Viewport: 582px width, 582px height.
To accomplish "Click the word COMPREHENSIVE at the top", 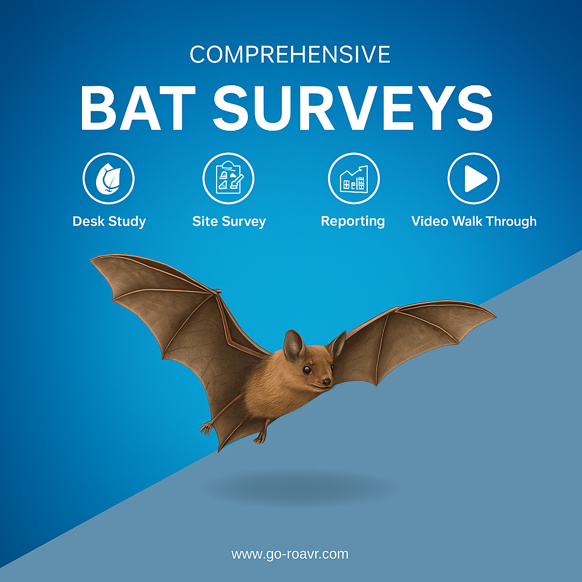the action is pos(290,55).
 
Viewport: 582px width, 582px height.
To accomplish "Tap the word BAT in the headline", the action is pos(138,108).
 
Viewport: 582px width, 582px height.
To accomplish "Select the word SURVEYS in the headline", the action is pos(353,108).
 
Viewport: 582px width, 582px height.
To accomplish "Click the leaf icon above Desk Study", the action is pos(109,178).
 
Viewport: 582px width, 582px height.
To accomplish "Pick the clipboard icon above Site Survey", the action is pos(228,178).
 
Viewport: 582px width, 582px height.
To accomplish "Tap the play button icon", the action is pos(473,178).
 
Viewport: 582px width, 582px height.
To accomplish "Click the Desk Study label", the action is pos(109,222).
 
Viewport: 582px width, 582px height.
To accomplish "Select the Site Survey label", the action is pos(229,222).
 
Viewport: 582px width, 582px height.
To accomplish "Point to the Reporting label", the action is pos(352,221).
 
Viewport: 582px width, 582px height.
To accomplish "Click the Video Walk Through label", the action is pos(474,221).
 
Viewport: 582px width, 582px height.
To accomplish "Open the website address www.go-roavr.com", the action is pos(290,554).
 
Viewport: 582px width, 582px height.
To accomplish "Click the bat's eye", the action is pos(306,369).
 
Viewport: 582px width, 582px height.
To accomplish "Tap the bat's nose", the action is pos(326,381).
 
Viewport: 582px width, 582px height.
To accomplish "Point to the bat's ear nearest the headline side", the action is pos(294,345).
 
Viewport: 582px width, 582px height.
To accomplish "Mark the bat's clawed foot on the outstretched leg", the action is pos(207,427).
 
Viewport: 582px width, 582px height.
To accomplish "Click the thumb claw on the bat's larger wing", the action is pos(218,291).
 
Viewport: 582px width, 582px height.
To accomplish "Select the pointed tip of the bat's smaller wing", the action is pos(494,316).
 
